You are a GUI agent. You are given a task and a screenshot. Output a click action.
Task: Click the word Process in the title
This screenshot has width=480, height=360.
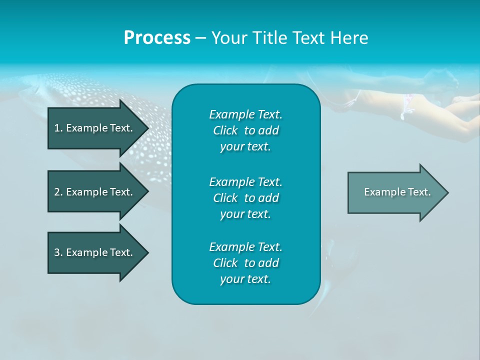click(x=157, y=38)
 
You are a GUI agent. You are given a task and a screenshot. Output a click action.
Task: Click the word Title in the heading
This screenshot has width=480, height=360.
click(x=271, y=38)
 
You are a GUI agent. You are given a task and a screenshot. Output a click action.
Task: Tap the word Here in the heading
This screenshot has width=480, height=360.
click(x=349, y=38)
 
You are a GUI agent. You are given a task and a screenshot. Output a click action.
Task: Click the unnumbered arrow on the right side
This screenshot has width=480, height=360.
click(x=395, y=192)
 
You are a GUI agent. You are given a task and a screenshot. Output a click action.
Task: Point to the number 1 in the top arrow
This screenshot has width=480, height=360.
click(x=56, y=128)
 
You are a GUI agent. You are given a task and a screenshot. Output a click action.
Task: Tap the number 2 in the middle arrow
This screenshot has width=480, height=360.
click(x=56, y=192)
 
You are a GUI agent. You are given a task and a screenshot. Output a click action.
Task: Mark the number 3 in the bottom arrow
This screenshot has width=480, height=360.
click(x=56, y=252)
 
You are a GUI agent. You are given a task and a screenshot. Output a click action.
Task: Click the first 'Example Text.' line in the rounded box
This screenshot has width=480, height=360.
click(x=245, y=114)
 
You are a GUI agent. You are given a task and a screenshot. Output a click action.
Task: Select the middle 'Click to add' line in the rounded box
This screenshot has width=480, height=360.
click(x=245, y=198)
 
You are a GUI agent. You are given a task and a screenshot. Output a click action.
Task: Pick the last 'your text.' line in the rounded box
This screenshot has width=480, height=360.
click(x=245, y=279)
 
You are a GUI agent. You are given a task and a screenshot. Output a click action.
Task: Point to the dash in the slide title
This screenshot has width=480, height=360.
click(x=200, y=38)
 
